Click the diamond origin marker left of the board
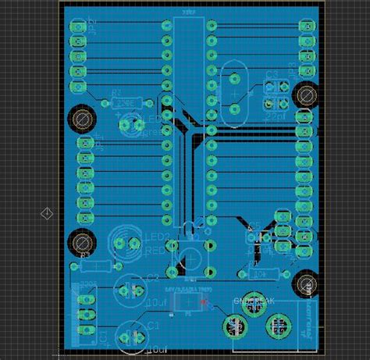pyautogui.click(x=46, y=213)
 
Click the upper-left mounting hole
pyautogui.click(x=81, y=119)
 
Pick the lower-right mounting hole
pyautogui.click(x=305, y=283)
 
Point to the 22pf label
pyautogui.click(x=274, y=115)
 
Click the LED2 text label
pyautogui.click(x=157, y=237)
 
